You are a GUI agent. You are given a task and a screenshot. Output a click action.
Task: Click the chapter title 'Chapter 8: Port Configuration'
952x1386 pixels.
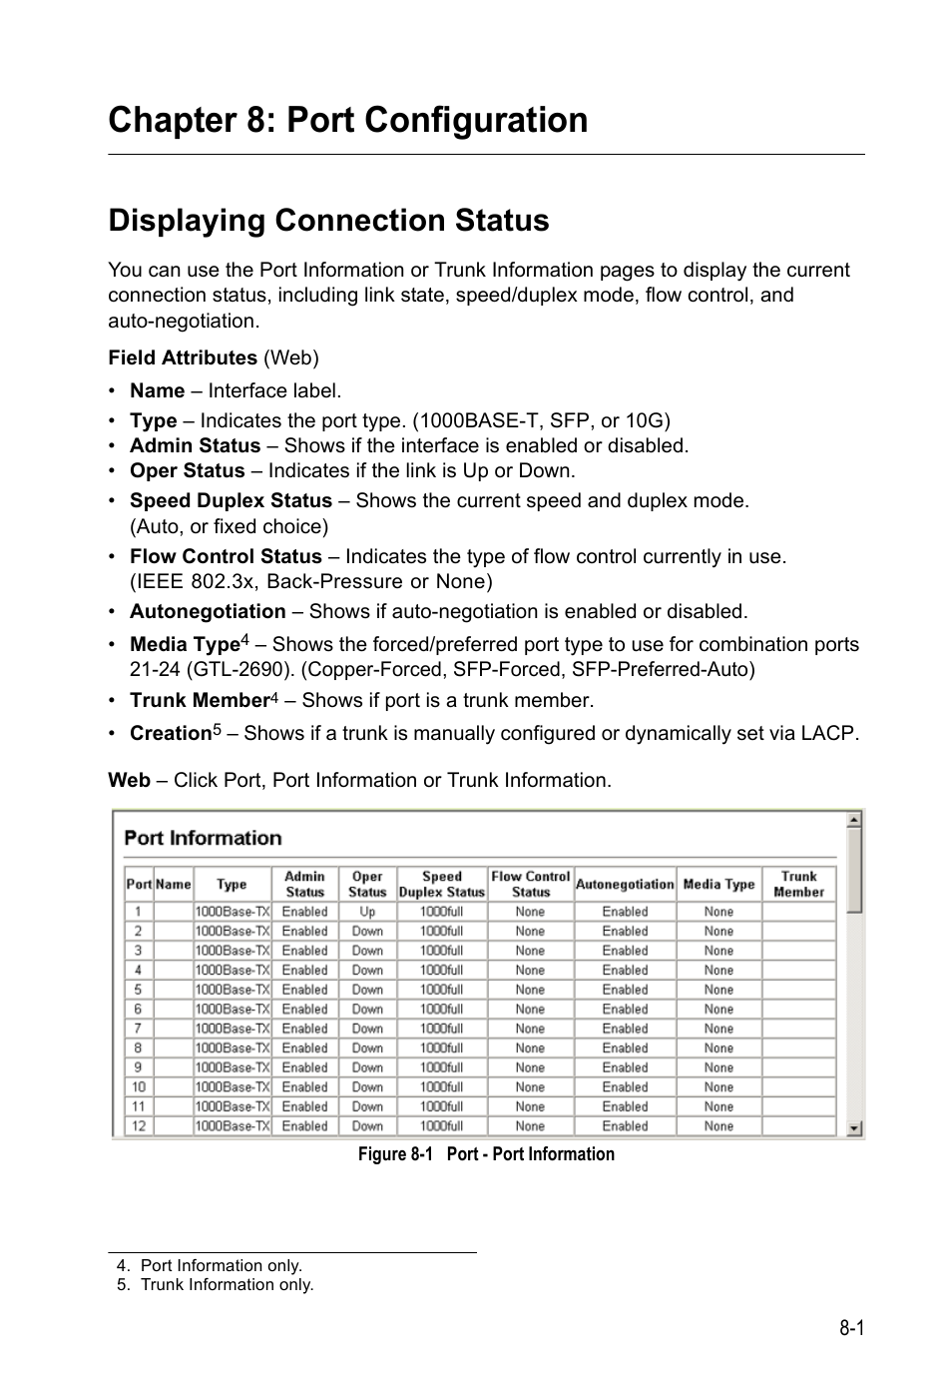coord(347,120)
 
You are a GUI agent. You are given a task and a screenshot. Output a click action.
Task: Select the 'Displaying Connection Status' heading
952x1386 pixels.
coord(328,221)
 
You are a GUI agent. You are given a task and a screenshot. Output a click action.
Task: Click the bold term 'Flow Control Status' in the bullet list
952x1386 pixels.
coord(226,556)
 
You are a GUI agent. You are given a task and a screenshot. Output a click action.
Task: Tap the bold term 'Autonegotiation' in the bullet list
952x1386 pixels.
coord(208,611)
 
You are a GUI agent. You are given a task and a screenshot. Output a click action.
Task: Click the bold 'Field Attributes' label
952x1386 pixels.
coord(183,357)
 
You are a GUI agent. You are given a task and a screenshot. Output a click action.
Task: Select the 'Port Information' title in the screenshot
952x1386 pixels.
coord(203,838)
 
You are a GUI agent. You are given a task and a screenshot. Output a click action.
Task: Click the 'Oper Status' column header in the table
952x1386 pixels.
coord(367,884)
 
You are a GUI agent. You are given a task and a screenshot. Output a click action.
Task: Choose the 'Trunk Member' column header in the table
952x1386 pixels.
coord(798,884)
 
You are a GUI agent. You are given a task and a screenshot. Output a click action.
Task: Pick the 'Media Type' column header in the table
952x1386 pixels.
coord(718,884)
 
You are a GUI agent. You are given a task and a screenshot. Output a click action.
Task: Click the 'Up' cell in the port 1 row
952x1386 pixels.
coord(367,912)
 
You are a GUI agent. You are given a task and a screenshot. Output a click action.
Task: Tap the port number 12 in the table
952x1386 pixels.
coord(139,1126)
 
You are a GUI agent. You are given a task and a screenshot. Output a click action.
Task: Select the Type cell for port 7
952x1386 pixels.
coord(232,1029)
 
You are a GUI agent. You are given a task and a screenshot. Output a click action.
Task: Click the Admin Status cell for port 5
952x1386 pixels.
coord(304,990)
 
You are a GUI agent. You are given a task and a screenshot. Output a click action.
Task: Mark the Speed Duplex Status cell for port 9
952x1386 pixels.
coord(441,1067)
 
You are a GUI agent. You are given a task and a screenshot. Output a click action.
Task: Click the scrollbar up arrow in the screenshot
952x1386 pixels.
coord(854,820)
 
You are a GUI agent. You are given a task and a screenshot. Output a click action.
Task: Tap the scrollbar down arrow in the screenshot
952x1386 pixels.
coord(854,1128)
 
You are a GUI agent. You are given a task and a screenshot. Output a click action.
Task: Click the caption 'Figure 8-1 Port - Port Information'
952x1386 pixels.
coord(486,1154)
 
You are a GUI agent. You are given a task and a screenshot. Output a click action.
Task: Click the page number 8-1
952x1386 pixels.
coord(850,1328)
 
